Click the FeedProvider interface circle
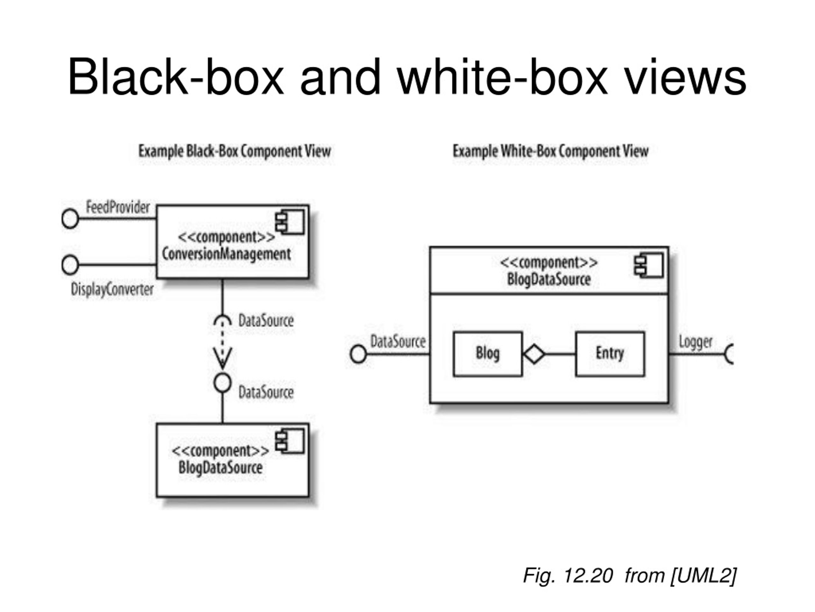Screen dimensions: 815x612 click(x=70, y=218)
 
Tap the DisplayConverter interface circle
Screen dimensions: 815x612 click(x=70, y=265)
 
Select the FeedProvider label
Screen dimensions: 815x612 click(x=118, y=207)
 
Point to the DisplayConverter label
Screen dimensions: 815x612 click(x=112, y=289)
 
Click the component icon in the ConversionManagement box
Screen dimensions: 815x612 click(x=290, y=222)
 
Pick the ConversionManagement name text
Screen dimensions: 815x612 click(x=226, y=254)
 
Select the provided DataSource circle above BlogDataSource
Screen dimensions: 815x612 click(x=223, y=382)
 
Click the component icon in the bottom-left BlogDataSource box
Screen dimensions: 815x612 click(x=290, y=441)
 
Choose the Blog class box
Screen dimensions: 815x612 click(x=488, y=354)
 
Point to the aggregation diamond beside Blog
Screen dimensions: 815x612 click(x=534, y=354)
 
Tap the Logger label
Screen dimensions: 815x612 click(x=696, y=342)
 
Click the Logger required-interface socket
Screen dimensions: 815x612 click(x=729, y=354)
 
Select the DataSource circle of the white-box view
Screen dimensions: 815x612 click(x=358, y=354)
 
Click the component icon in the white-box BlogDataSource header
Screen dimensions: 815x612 click(x=649, y=265)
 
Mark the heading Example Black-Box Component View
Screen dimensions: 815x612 click(x=235, y=151)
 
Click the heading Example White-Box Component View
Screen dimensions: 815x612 click(x=550, y=151)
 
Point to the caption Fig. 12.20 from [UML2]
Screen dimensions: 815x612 click(x=630, y=575)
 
